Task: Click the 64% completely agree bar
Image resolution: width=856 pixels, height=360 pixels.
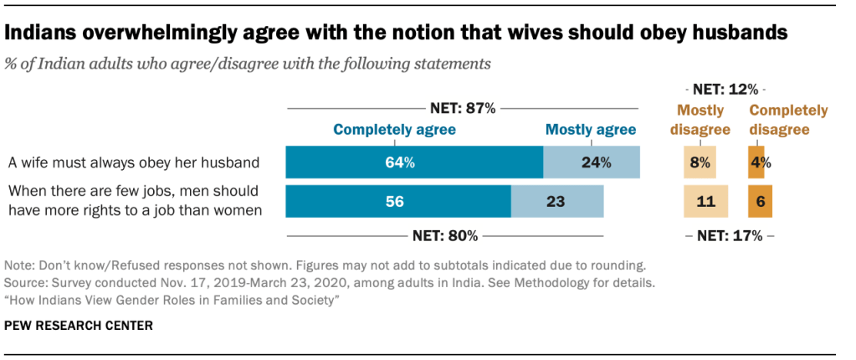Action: [x=414, y=162]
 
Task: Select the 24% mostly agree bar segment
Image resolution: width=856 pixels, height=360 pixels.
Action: [x=592, y=162]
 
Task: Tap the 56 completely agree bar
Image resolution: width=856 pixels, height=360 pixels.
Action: [x=398, y=202]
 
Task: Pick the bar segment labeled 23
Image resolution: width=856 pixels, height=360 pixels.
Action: [x=557, y=202]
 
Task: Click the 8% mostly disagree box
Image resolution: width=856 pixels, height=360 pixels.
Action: [x=700, y=162]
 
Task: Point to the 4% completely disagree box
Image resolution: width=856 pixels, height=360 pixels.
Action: [x=756, y=162]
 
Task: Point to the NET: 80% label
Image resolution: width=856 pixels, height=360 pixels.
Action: [x=444, y=235]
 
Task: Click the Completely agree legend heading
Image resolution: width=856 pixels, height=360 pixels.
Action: [x=394, y=130]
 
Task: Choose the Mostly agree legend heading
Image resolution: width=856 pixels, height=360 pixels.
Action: [x=591, y=130]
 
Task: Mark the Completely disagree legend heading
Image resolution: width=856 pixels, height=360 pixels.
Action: [x=787, y=120]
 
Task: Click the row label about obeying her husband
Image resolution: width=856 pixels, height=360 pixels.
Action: [x=132, y=162]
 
